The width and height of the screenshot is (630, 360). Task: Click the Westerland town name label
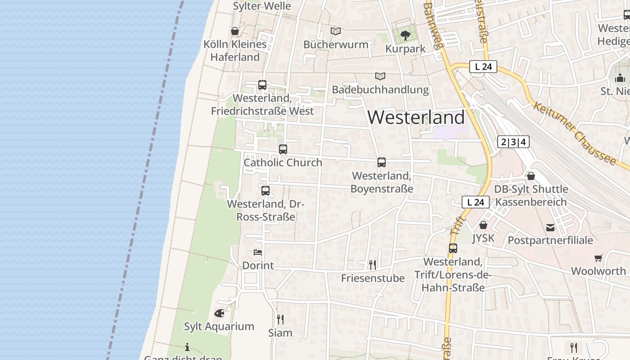pyautogui.click(x=416, y=117)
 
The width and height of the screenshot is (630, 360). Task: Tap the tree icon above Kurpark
pyautogui.click(x=405, y=35)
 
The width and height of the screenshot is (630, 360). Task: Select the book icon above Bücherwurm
pyautogui.click(x=336, y=31)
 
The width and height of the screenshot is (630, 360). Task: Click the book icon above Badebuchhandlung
pyautogui.click(x=380, y=76)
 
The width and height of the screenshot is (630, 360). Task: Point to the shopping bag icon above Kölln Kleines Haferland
pyautogui.click(x=234, y=31)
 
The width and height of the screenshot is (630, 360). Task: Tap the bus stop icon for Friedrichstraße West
pyautogui.click(x=262, y=85)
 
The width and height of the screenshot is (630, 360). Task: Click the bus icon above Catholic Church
pyautogui.click(x=283, y=149)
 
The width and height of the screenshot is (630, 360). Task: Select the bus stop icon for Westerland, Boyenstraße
pyautogui.click(x=382, y=162)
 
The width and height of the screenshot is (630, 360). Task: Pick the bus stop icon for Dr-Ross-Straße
pyautogui.click(x=265, y=190)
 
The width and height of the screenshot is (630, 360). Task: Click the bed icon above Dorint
pyautogui.click(x=258, y=252)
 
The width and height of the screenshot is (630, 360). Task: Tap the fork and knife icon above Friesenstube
pyautogui.click(x=372, y=265)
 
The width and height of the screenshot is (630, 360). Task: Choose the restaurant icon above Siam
pyautogui.click(x=280, y=319)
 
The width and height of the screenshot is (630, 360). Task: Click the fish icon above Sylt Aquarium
pyautogui.click(x=219, y=313)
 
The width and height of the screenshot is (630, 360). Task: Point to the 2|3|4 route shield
pyautogui.click(x=513, y=142)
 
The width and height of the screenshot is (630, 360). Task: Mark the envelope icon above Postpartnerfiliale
pyautogui.click(x=550, y=227)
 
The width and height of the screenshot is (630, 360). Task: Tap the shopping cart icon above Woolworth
pyautogui.click(x=598, y=258)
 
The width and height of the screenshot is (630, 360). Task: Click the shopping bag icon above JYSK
pyautogui.click(x=483, y=225)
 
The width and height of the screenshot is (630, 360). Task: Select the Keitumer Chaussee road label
pyautogui.click(x=575, y=134)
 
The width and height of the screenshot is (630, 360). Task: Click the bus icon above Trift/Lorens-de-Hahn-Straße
pyautogui.click(x=453, y=248)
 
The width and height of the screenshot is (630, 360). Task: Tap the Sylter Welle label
pyautogui.click(x=262, y=6)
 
